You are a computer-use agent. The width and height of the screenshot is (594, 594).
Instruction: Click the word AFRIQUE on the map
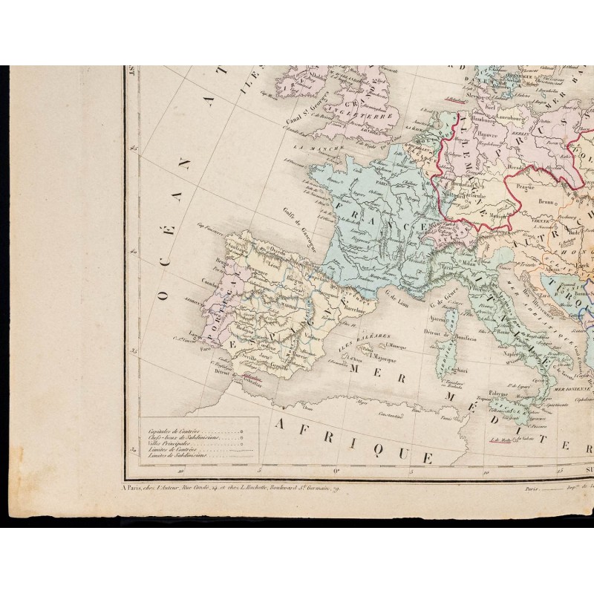point(354,439)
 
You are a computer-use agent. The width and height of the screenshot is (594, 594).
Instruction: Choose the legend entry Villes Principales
point(168,444)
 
